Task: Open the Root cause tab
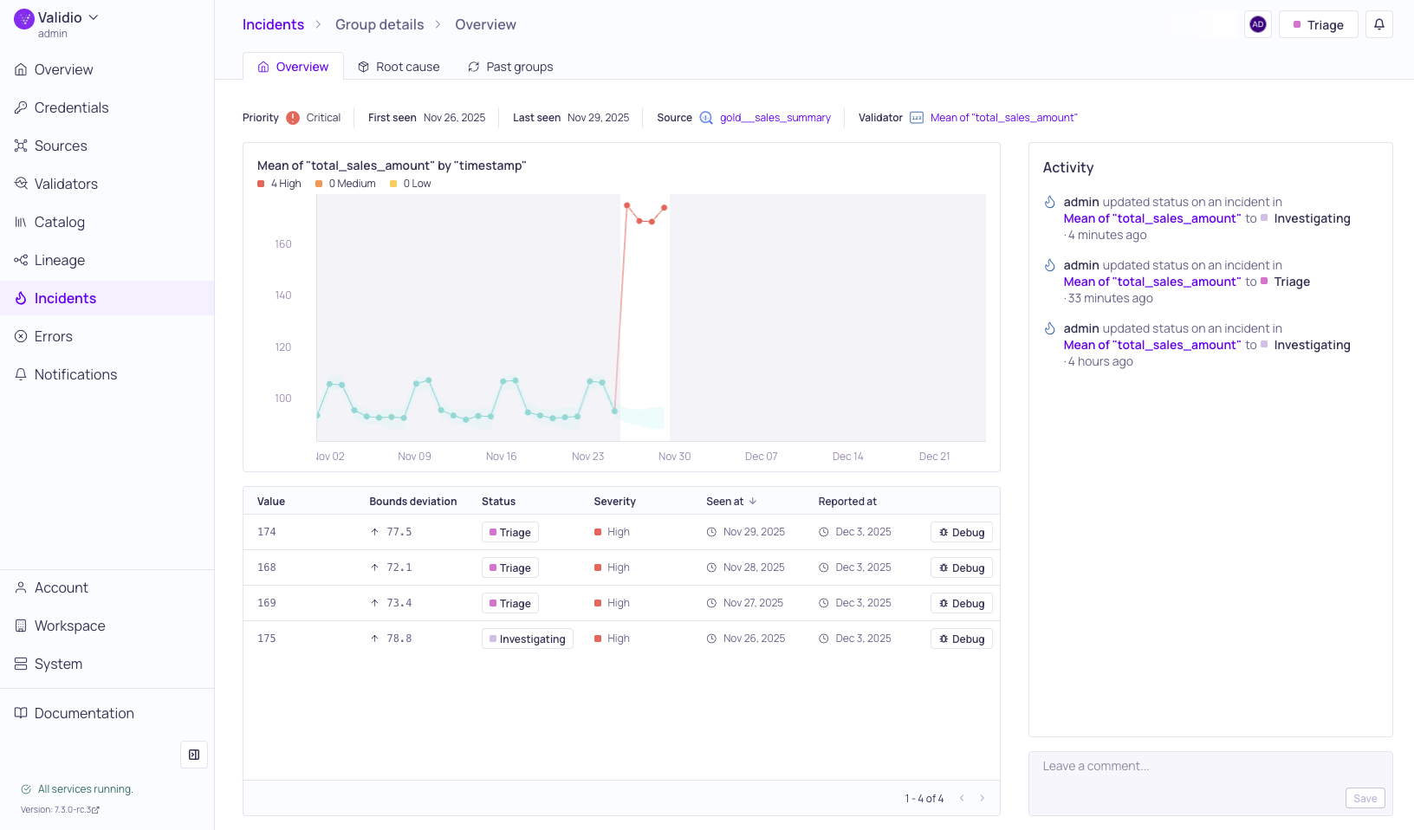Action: [x=399, y=67]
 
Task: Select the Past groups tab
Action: [x=510, y=67]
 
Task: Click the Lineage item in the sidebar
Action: [x=59, y=260]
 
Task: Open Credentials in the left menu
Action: [x=71, y=107]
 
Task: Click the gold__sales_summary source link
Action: [x=775, y=118]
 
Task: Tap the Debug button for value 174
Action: [x=961, y=532]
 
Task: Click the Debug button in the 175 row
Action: [x=961, y=639]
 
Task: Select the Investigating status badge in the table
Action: [x=527, y=639]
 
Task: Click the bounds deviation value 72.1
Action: [x=399, y=567]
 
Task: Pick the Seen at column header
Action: [x=725, y=502]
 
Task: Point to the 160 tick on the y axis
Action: [x=283, y=244]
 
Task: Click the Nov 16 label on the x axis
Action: [x=501, y=457]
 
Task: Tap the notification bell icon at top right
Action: [x=1378, y=24]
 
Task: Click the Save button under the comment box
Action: [x=1365, y=798]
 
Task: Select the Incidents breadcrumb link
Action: [x=273, y=24]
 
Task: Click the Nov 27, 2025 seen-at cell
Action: [x=753, y=603]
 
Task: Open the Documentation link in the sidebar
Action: [x=84, y=713]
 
